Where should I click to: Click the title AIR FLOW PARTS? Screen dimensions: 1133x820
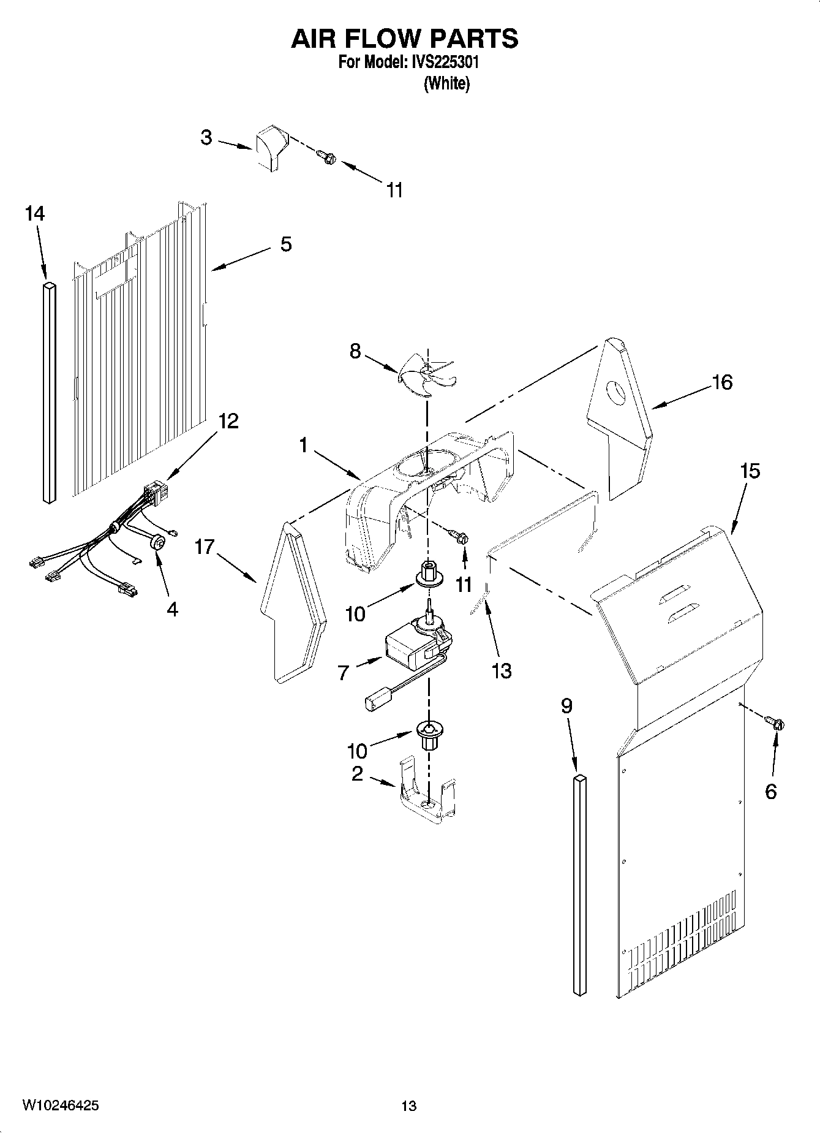(x=404, y=38)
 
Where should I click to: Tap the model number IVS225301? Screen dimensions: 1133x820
(x=443, y=63)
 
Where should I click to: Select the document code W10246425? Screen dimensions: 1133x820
(x=61, y=1105)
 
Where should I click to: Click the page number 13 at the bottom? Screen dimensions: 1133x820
(x=408, y=1105)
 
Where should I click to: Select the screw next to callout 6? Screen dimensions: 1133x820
(x=778, y=724)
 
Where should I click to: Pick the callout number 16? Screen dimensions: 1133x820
(x=722, y=382)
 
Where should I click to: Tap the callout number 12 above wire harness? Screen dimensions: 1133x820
(x=228, y=422)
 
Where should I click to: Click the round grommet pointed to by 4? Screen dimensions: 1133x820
(x=157, y=542)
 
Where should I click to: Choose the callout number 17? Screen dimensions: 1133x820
(x=205, y=547)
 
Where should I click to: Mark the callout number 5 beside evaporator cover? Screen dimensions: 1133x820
(x=286, y=244)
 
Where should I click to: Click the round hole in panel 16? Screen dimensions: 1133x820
(x=617, y=393)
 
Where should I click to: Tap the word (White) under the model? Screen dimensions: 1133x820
(x=446, y=83)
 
